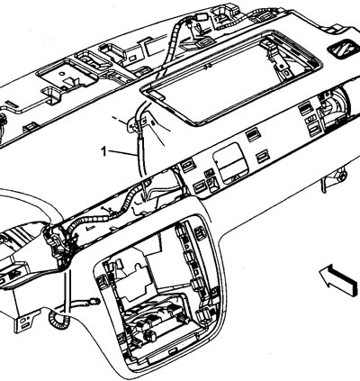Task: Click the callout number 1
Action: click(x=103, y=151)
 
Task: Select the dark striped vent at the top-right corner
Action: click(x=344, y=48)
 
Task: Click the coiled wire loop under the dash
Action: click(x=59, y=321)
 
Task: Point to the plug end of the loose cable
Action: click(x=94, y=300)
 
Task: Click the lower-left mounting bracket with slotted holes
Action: click(x=27, y=321)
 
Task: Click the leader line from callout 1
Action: click(x=122, y=153)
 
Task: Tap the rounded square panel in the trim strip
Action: click(x=230, y=163)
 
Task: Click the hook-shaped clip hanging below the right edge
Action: click(x=334, y=179)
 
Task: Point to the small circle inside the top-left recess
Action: click(x=61, y=73)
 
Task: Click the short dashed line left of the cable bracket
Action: click(x=119, y=120)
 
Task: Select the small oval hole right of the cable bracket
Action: click(x=153, y=122)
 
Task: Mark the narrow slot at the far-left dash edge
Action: click(x=12, y=104)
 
